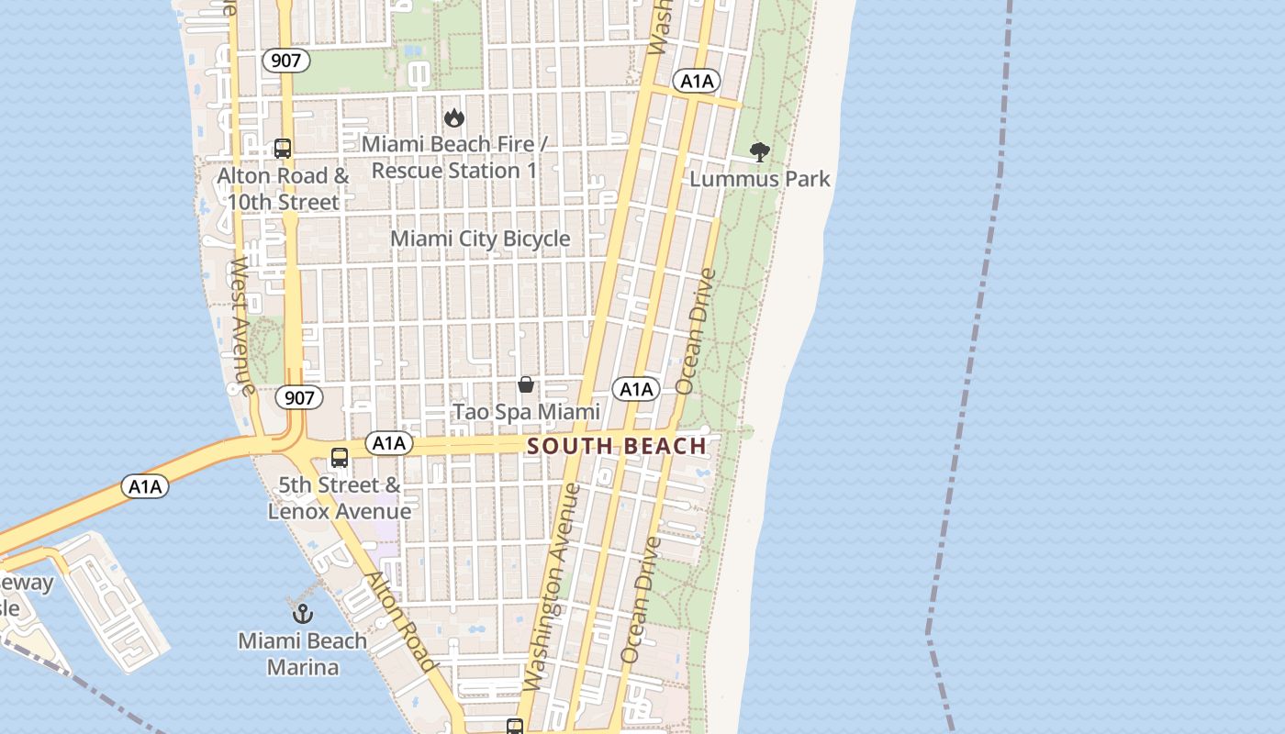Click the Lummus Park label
pyautogui.click(x=759, y=179)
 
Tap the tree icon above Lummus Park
pyautogui.click(x=759, y=152)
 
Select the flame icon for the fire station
pyautogui.click(x=453, y=117)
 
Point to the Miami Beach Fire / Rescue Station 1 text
pyautogui.click(x=454, y=157)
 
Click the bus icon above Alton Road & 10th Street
pyautogui.click(x=283, y=149)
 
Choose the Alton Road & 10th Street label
pyautogui.click(x=283, y=188)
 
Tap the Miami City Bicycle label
pyautogui.click(x=480, y=239)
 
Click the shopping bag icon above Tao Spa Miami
pyautogui.click(x=526, y=384)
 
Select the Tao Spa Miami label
pyautogui.click(x=526, y=412)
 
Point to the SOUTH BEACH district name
pyautogui.click(x=617, y=447)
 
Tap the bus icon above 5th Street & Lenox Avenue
pyautogui.click(x=340, y=457)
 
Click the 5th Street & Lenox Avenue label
pyautogui.click(x=340, y=498)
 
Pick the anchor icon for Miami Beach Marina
pyautogui.click(x=303, y=613)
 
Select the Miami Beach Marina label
pyautogui.click(x=303, y=653)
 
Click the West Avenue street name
pyautogui.click(x=241, y=326)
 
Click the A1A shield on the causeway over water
pyautogui.click(x=145, y=486)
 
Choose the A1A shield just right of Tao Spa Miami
pyautogui.click(x=635, y=389)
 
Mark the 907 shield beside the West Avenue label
pyautogui.click(x=298, y=397)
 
